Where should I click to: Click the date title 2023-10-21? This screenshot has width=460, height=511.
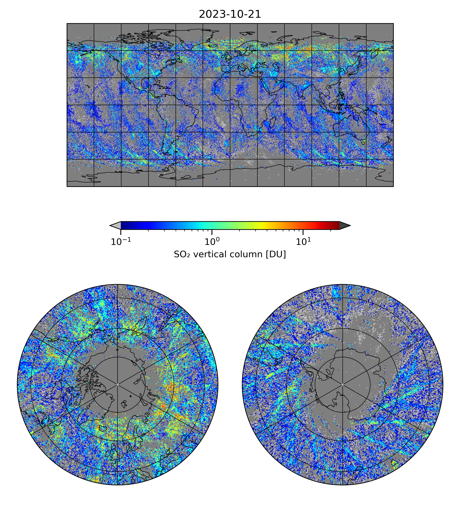click(230, 14)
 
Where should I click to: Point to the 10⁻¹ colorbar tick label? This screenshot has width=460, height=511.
click(121, 242)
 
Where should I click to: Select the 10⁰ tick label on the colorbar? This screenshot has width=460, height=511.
click(211, 242)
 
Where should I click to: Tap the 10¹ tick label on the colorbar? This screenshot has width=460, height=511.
click(303, 242)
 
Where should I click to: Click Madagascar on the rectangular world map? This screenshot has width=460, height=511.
click(272, 122)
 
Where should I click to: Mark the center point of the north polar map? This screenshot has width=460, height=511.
click(118, 384)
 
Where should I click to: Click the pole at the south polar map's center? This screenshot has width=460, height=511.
click(342, 384)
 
